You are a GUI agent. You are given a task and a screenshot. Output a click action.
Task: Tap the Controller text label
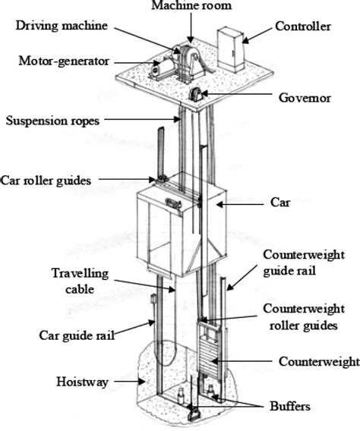click(304, 27)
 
